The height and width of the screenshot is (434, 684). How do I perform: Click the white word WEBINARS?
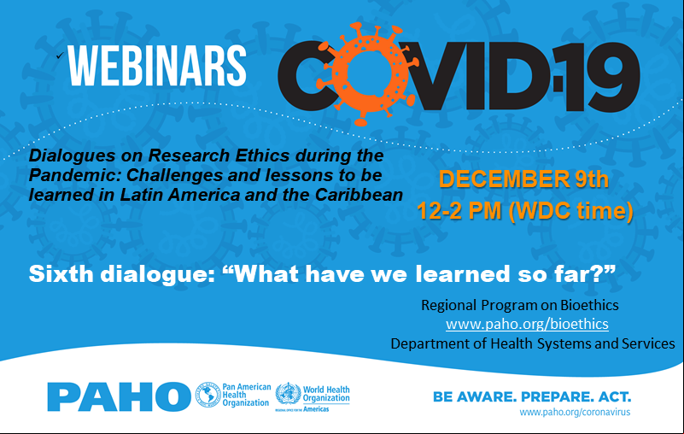tap(157, 66)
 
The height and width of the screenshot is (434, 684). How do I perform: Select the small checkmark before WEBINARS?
tap(60, 55)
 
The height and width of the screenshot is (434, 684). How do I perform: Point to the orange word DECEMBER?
tap(504, 179)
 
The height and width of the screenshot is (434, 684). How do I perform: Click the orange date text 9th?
tap(592, 179)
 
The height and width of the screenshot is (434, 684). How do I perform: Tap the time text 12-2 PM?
tap(459, 211)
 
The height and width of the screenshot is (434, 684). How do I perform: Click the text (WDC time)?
tap(570, 211)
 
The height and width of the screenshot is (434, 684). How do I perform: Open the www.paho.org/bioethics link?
tap(527, 324)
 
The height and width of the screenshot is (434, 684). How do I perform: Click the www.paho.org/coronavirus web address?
tap(575, 412)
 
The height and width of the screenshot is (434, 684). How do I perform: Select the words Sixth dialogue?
tap(122, 274)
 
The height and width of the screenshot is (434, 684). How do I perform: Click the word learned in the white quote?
tap(463, 273)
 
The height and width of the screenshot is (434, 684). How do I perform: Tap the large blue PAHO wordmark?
tap(119, 396)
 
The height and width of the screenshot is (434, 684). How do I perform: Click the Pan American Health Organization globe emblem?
tap(208, 395)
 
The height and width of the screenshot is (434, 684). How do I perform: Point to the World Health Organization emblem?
tap(288, 393)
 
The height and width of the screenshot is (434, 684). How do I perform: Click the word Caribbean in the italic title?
tap(359, 195)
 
